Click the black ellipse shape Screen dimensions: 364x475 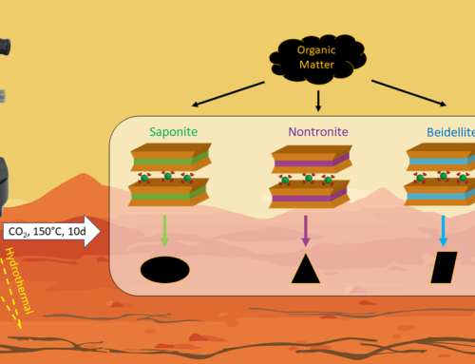(165, 270)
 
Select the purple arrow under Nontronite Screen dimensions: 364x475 (306, 228)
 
